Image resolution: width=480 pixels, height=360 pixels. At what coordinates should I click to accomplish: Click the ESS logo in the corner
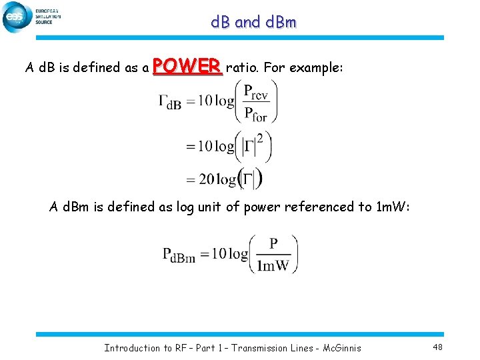[17, 17]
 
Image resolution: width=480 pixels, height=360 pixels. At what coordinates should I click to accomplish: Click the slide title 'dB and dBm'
[253, 22]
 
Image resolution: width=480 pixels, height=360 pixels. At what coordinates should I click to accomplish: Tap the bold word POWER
[187, 66]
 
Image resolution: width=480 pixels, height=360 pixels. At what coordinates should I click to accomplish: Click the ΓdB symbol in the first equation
[170, 102]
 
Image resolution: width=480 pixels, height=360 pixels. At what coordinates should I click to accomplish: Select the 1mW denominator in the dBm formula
[273, 265]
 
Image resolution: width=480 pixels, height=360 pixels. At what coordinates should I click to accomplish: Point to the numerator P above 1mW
[274, 244]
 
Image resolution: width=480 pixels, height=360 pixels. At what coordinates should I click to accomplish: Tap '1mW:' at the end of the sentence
[397, 207]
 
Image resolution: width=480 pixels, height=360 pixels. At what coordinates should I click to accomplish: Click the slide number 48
[437, 347]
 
